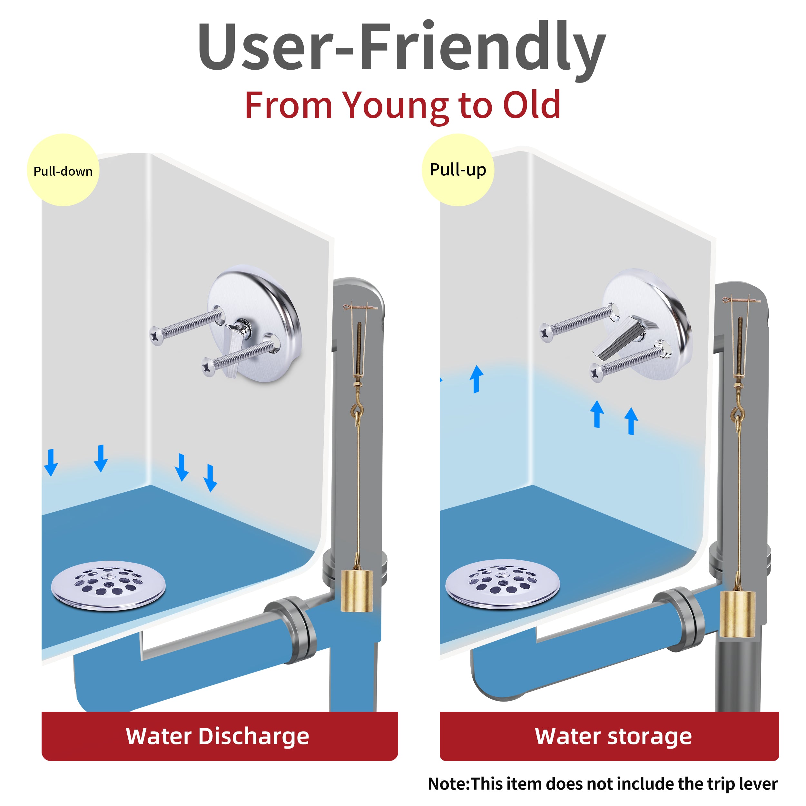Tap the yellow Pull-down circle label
click(x=63, y=170)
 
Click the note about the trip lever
click(x=603, y=783)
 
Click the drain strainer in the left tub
click(x=108, y=585)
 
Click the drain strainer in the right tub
click(x=502, y=584)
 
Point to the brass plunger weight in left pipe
click(x=357, y=591)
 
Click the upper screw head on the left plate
click(x=157, y=335)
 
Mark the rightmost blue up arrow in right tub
click(x=631, y=421)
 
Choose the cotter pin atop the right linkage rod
click(x=741, y=300)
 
